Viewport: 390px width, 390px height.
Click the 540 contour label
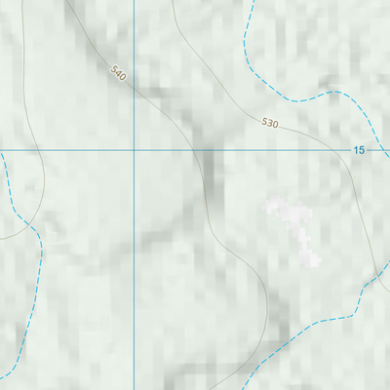[119, 73]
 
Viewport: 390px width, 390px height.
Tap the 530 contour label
[270, 123]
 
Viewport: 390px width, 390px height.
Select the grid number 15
[359, 150]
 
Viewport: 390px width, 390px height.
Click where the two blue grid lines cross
[134, 150]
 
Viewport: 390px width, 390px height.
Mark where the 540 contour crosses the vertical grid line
[134, 87]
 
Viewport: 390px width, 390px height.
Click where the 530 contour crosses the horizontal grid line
[343, 150]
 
